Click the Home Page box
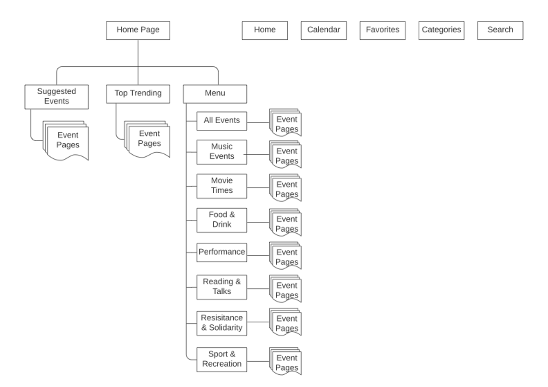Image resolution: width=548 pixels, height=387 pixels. [138, 30]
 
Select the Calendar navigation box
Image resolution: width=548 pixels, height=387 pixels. [324, 30]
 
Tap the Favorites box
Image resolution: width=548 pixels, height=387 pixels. [382, 30]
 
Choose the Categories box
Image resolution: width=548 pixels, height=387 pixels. [441, 30]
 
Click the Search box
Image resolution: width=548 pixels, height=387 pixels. [500, 30]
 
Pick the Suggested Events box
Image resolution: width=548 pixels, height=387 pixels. [56, 97]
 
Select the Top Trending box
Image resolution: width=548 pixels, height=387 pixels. [138, 94]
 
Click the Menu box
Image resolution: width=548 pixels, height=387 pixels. [215, 94]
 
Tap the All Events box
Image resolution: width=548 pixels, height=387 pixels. [222, 121]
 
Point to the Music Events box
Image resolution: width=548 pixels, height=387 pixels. [222, 152]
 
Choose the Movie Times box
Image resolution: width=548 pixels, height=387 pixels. [222, 186]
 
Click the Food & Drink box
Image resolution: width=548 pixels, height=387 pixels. [222, 220]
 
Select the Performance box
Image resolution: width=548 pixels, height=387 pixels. [222, 253]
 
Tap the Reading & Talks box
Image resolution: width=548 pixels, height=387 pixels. [222, 287]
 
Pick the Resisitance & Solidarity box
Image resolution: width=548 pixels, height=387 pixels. [222, 323]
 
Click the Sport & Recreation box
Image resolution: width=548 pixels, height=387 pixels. [222, 359]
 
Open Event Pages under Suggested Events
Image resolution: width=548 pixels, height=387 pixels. [67, 140]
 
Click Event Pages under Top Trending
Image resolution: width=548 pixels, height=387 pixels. [149, 139]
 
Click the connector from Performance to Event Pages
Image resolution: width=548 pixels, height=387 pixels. [258, 255]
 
